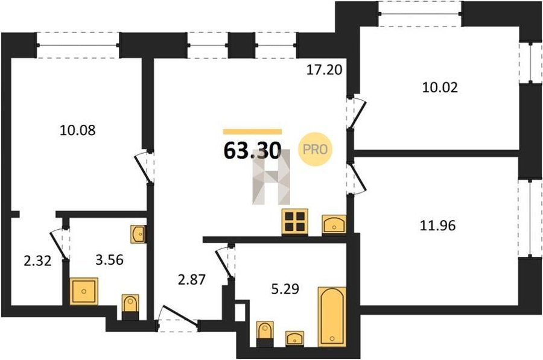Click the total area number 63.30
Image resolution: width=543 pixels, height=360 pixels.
click(x=252, y=151)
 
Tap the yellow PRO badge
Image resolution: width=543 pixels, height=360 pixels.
click(x=315, y=150)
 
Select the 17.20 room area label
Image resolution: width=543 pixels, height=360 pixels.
click(x=324, y=70)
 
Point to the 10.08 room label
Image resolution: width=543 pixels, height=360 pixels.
click(x=78, y=130)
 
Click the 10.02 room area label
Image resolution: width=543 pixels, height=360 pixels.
click(x=440, y=87)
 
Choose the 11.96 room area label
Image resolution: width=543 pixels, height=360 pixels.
click(x=438, y=226)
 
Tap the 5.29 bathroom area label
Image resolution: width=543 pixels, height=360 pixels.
click(x=285, y=288)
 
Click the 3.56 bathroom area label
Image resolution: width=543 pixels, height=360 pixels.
click(x=109, y=259)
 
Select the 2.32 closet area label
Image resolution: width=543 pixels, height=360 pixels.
click(x=37, y=261)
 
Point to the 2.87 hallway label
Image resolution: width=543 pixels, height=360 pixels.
click(x=192, y=279)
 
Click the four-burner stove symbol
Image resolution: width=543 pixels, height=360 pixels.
click(x=294, y=222)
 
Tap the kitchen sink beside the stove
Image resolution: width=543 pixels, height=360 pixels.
click(x=334, y=224)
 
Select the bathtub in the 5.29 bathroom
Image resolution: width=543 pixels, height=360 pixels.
click(x=332, y=317)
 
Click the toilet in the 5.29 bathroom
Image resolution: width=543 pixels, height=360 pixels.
click(x=265, y=333)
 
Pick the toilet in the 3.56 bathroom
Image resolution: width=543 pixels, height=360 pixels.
click(x=130, y=307)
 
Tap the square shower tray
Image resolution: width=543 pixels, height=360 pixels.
click(x=84, y=291)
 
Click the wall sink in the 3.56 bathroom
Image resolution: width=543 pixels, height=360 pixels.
click(x=138, y=234)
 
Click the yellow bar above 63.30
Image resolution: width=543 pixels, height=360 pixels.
click(x=252, y=131)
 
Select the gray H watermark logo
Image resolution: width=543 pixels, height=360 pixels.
click(x=271, y=178)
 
